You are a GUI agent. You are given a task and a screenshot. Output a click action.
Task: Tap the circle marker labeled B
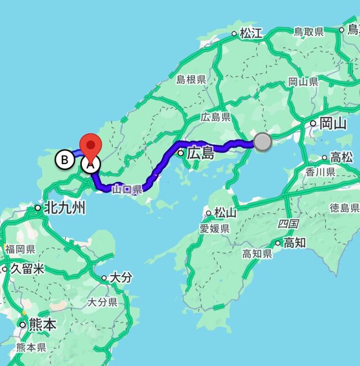(65, 160)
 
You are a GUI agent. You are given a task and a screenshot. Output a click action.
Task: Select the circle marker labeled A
(91, 164)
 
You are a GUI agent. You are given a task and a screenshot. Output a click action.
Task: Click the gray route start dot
(263, 141)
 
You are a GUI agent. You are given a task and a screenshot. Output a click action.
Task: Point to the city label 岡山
(333, 124)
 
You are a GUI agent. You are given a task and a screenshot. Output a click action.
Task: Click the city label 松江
(251, 33)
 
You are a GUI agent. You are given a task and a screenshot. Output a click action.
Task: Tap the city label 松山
(225, 213)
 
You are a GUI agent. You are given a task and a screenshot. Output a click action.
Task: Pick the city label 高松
(341, 157)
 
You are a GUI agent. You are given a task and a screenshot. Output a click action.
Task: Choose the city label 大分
(121, 277)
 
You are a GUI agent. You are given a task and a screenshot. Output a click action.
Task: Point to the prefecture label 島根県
(191, 80)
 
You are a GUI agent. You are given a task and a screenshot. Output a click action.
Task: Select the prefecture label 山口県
(127, 189)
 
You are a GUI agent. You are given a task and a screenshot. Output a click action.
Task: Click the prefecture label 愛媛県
(215, 228)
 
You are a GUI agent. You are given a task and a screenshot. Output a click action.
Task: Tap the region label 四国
(288, 223)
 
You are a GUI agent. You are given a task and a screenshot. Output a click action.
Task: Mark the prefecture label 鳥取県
(308, 32)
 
